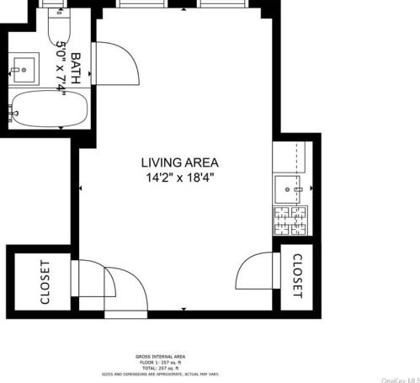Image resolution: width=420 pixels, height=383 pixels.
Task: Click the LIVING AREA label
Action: coord(179,162)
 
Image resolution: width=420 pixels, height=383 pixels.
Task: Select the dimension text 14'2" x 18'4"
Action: coord(179,178)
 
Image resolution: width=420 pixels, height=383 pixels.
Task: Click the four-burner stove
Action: coord(291,221)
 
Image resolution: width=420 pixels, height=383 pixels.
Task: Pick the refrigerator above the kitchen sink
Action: coord(292,155)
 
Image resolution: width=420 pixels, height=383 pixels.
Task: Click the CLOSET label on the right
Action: coord(298,276)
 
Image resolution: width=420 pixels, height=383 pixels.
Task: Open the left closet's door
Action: coord(86,278)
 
